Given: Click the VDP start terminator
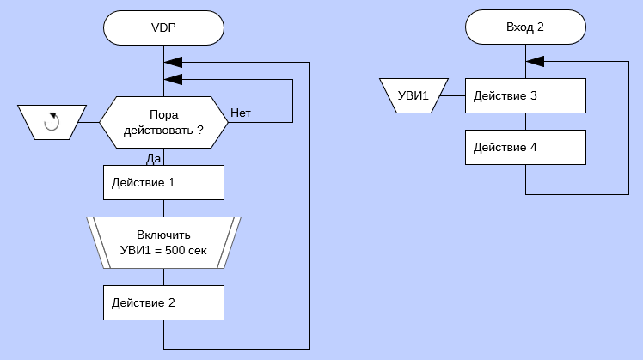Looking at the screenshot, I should tap(163, 27).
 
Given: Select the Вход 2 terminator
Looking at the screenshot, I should tap(525, 27).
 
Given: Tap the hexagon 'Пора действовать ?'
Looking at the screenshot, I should tap(163, 122).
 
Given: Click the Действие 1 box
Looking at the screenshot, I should tap(163, 182).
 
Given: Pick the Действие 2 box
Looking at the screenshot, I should tap(163, 302).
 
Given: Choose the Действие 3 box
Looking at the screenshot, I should tap(525, 96).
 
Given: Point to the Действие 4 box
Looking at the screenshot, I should tap(525, 148).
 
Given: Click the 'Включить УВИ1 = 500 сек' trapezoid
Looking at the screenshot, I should tap(163, 242).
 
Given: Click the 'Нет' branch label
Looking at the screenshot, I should tap(241, 113).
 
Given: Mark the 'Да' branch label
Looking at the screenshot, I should tap(154, 158).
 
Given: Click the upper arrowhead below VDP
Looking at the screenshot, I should tap(173, 62).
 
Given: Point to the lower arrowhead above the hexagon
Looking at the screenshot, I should tap(173, 79).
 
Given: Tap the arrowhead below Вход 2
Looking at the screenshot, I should tap(535, 62).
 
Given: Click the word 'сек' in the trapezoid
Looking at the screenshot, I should tap(196, 251).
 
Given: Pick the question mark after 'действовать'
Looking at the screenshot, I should tap(200, 131).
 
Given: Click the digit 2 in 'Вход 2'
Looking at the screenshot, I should tap(541, 27).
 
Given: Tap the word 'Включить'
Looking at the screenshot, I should tap(163, 235).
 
